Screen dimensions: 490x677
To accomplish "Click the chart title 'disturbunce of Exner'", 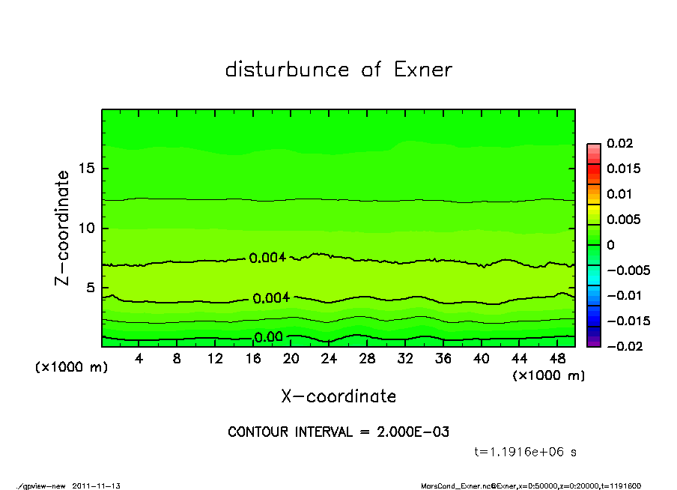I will click(x=338, y=70).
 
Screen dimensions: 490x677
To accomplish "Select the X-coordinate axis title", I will click(x=338, y=396).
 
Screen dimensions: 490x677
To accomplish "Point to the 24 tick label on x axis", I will click(x=330, y=359).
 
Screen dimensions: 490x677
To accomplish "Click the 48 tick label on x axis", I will click(x=557, y=359).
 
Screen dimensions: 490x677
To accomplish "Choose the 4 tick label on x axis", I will click(x=139, y=359).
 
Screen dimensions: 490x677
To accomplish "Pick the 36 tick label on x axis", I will click(x=443, y=359).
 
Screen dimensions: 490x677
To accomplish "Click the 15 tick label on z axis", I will click(x=87, y=169).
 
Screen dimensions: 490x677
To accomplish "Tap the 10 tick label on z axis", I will click(x=87, y=229).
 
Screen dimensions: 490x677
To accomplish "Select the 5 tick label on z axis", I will click(x=91, y=288).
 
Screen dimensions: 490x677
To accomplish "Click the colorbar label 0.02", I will click(x=620, y=143).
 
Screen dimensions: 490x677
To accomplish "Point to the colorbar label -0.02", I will click(x=623, y=346).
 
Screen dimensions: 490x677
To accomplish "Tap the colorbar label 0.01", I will click(x=620, y=194).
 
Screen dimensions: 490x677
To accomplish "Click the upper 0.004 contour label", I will click(x=267, y=258).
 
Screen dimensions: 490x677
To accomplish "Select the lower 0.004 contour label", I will click(x=271, y=298).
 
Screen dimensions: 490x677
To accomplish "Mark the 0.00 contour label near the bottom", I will click(x=268, y=337).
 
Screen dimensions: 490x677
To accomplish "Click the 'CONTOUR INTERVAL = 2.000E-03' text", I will click(x=338, y=432).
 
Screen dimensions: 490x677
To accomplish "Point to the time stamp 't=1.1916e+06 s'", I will click(x=525, y=452).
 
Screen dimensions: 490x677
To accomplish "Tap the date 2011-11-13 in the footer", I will click(x=97, y=486).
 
